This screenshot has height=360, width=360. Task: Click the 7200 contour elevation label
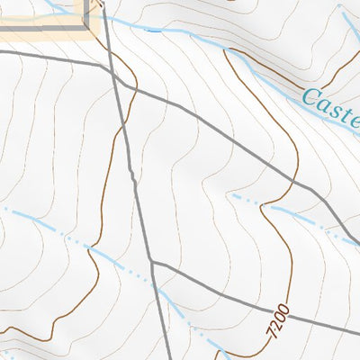coord(278,320)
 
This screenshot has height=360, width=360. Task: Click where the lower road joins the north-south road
coord(151,263)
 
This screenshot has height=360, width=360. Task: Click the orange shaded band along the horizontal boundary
coord(45,36)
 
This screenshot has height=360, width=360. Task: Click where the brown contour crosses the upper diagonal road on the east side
coord(294,180)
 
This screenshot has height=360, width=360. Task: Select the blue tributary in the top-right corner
coord(347,18)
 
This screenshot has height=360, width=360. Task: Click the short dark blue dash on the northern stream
coord(154,31)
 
